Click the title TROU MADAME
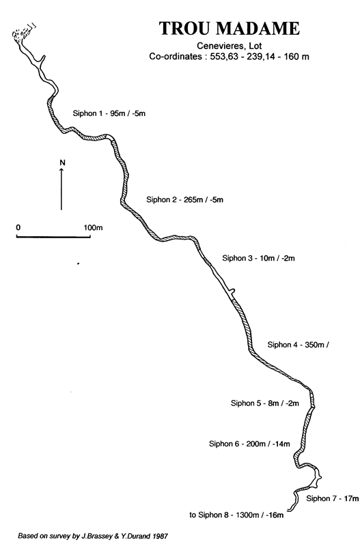coord(230,29)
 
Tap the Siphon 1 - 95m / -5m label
coord(109,113)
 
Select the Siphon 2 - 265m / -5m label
coord(184,199)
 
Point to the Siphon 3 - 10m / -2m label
coord(259,258)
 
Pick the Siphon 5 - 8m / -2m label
coord(265,403)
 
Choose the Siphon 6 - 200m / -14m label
coord(249,444)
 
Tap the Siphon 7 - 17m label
coord(333,499)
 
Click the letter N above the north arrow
coord(62,162)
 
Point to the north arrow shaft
coord(61,190)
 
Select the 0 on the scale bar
coord(18,227)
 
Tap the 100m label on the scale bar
coord(93,228)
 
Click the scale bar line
coord(53,237)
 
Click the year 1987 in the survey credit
coord(161,536)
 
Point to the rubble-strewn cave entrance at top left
coord(23,33)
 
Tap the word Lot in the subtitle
coord(255,46)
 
